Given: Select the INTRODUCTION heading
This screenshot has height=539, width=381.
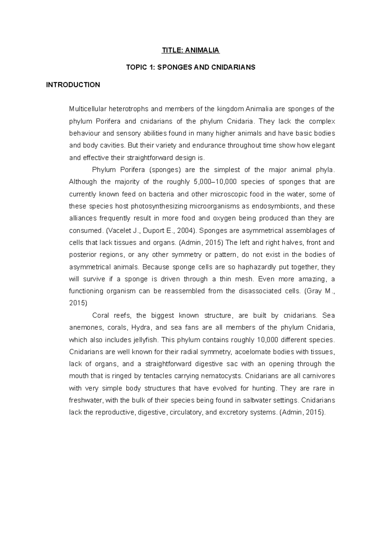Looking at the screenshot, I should (x=73, y=85).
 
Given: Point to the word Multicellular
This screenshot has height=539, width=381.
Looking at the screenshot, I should (x=88, y=109).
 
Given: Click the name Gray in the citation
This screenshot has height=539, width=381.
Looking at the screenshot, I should (x=314, y=291).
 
